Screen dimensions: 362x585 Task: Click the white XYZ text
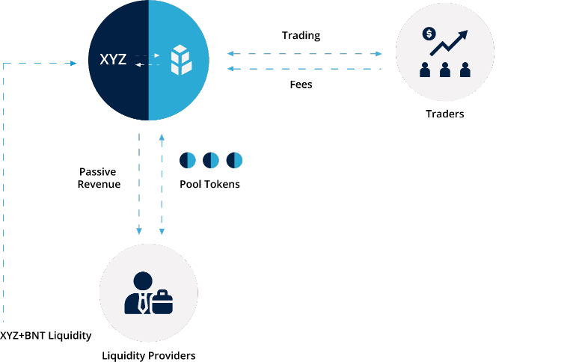(x=113, y=59)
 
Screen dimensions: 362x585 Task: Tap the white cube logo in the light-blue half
(x=180, y=61)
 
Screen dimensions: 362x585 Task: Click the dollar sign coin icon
(x=429, y=34)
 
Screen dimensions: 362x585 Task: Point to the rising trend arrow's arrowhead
(x=463, y=34)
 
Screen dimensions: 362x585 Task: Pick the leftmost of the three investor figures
(x=425, y=70)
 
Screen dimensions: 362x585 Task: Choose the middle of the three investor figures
(x=445, y=70)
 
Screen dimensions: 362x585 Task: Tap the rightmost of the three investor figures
(x=465, y=70)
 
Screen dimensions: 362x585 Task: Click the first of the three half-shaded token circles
(x=187, y=160)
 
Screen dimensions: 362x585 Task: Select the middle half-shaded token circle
(x=211, y=160)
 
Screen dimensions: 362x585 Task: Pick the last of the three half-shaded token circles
(x=234, y=160)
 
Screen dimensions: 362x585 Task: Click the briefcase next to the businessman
(x=162, y=301)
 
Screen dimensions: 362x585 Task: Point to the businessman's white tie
(x=142, y=304)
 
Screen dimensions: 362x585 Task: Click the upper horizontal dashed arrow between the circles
(x=304, y=54)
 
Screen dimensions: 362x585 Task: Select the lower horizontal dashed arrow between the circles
(x=304, y=69)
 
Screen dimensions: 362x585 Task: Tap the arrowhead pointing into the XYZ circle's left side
(x=73, y=64)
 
